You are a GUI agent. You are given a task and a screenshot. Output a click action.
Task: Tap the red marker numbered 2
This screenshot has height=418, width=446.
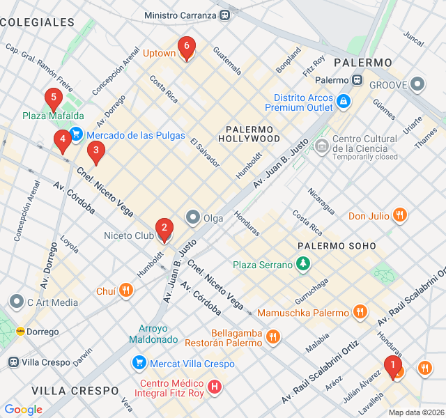click(x=164, y=227)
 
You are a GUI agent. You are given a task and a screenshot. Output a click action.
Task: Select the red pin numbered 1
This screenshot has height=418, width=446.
click(x=393, y=364)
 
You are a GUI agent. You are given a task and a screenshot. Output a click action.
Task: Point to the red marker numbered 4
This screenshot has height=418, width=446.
click(x=63, y=140)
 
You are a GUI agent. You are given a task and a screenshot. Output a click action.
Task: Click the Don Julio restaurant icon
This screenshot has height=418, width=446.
click(x=399, y=215)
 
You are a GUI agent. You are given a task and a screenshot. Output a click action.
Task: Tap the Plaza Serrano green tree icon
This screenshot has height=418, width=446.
click(x=302, y=264)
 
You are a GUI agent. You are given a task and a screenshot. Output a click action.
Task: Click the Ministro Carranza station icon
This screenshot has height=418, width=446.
click(x=224, y=15)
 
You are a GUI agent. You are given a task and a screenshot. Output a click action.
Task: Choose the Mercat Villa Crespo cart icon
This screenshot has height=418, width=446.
click(x=139, y=363)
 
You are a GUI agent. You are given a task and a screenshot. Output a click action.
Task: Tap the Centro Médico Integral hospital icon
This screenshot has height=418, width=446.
click(x=215, y=386)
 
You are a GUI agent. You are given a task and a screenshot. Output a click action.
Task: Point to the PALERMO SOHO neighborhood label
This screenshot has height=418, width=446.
click(x=336, y=246)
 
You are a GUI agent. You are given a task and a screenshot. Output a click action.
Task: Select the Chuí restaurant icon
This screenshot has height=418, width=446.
click(x=125, y=291)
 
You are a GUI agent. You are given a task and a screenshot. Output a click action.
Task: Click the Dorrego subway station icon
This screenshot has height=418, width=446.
click(x=20, y=332)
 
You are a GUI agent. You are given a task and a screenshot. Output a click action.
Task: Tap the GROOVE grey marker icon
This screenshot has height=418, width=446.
click(x=417, y=84)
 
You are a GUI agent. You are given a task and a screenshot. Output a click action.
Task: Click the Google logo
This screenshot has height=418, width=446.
click(x=23, y=410)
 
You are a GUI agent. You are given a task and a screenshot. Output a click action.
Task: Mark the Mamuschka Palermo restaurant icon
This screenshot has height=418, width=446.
click(x=360, y=312)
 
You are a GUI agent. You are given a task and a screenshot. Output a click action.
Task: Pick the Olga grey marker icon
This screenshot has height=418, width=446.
click(x=192, y=218)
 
